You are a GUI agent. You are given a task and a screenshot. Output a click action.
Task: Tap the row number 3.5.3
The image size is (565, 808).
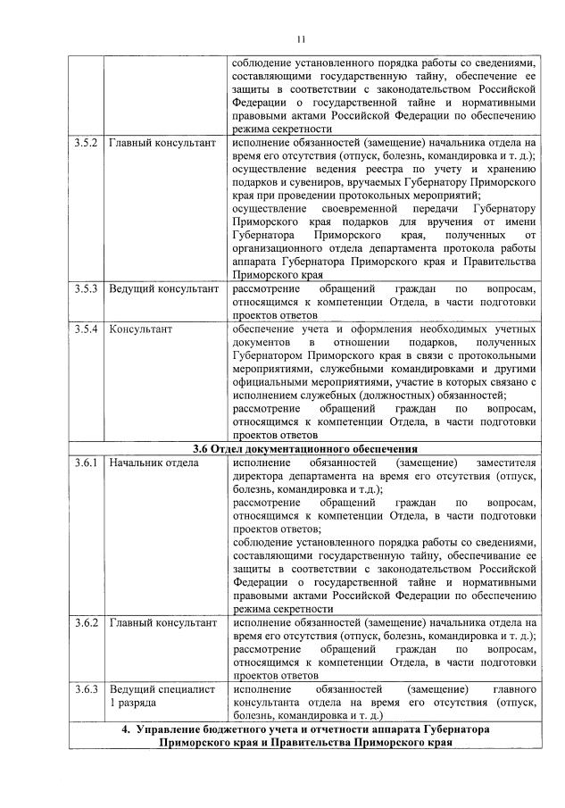pos(86,289)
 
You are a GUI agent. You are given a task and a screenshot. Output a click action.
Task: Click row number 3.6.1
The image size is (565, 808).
pos(86,463)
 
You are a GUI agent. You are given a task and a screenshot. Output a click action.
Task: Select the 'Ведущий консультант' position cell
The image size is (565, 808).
pos(163,289)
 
